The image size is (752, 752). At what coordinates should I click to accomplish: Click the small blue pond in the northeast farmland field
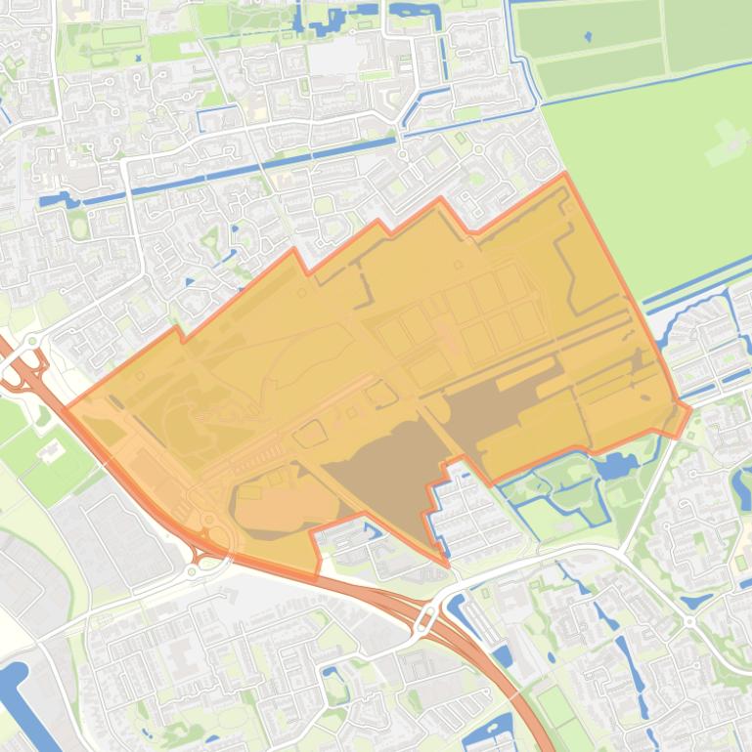pos(587,37)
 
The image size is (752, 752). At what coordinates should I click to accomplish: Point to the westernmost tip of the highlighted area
pos(66,404)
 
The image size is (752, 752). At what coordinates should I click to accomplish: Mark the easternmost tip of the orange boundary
pos(690,406)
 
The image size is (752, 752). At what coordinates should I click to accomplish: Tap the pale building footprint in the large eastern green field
pos(726,142)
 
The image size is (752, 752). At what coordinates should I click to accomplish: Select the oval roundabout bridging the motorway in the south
pos(427,617)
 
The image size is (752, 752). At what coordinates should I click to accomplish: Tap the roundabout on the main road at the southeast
pos(688,621)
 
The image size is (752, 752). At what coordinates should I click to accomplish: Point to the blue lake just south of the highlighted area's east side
pos(614,467)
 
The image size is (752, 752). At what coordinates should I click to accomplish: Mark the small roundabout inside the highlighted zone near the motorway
pos(208,518)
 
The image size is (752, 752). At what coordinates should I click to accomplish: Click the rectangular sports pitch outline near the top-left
pos(120,35)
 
